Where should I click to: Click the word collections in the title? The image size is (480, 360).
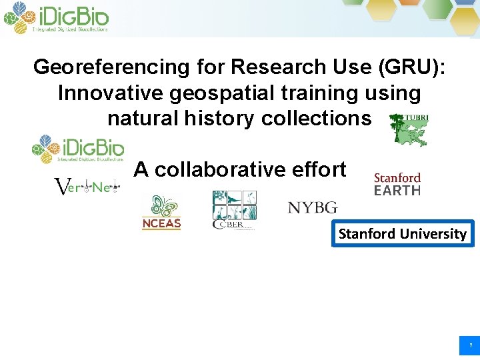click(x=316, y=119)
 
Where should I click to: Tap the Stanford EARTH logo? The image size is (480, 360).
click(x=397, y=184)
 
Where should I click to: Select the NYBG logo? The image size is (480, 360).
click(x=313, y=208)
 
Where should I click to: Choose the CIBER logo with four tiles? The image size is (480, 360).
click(x=233, y=210)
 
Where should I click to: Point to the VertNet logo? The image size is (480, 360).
click(x=86, y=187)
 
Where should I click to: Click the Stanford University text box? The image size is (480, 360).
click(x=403, y=233)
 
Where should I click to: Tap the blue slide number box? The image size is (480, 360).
click(x=469, y=345)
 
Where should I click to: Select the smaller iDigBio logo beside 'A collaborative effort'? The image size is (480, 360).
click(x=79, y=149)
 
